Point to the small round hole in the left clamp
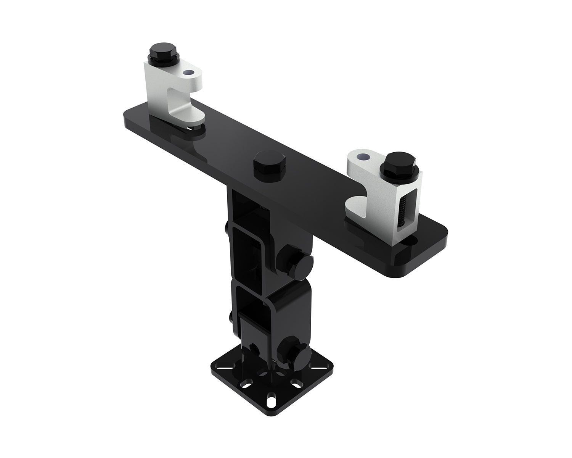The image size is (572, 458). pos(187,72)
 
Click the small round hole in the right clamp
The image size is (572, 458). pos(363,156)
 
